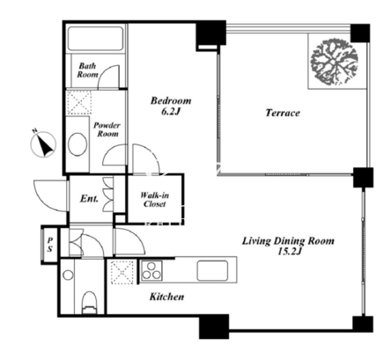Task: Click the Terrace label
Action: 283,113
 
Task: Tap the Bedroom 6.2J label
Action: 171,106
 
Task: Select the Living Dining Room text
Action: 288,241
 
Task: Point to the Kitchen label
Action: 167,297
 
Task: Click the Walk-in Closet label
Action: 154,200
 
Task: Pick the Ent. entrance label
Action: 89,199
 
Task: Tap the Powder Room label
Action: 107,129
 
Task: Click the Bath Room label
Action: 87,70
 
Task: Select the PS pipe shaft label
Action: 50,245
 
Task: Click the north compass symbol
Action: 43,143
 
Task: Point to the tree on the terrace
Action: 335,62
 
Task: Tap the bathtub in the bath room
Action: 95,39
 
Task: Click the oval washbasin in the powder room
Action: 78,144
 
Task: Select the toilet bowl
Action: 89,302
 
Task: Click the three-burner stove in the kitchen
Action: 151,270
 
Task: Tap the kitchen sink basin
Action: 212,270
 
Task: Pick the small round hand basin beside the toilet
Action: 68,275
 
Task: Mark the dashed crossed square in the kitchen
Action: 122,272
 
